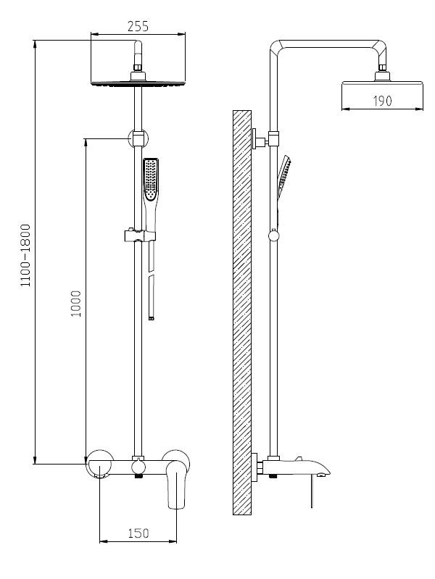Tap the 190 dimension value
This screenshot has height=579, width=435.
tap(382, 101)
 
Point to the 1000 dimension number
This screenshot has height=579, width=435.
tap(76, 304)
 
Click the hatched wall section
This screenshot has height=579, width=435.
tap(241, 312)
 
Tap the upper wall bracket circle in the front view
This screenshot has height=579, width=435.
tap(136, 137)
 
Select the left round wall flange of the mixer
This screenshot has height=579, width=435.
tap(99, 462)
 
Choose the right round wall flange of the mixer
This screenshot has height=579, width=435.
tap(176, 459)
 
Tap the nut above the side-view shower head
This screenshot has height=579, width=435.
tap(381, 75)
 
